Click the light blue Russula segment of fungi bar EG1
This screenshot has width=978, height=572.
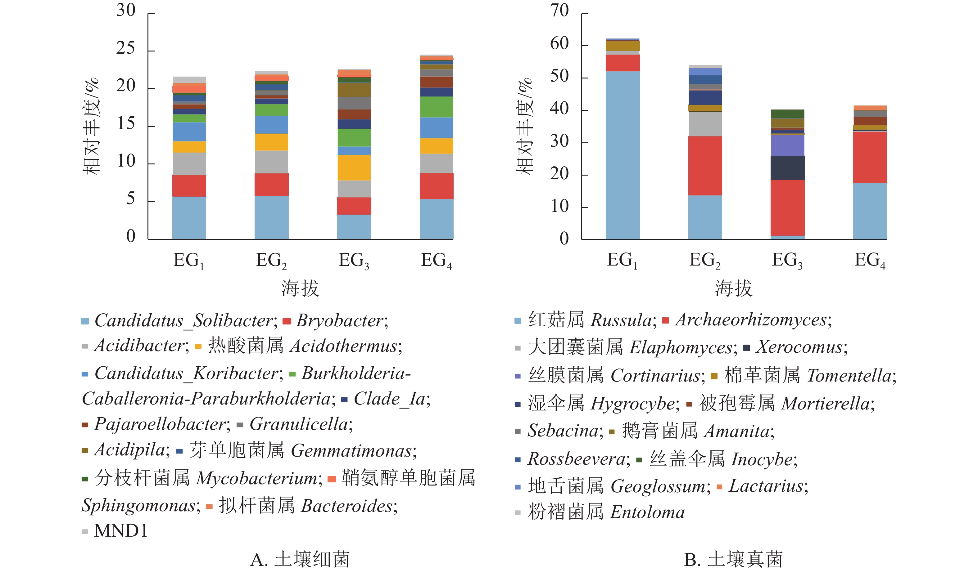tap(623, 155)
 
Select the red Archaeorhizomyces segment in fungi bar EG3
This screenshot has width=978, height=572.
tap(787, 208)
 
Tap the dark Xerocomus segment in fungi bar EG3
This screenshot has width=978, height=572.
tap(787, 168)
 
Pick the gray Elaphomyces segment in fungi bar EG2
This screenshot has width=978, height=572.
tap(705, 124)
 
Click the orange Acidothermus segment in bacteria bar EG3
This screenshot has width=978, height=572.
tap(354, 168)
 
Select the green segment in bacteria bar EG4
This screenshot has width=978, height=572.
tap(437, 107)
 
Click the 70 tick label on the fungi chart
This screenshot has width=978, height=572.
tap(559, 11)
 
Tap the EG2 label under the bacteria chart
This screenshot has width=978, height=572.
tap(271, 261)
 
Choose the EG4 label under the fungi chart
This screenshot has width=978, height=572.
tap(870, 261)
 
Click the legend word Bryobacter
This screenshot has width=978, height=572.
tap(339, 321)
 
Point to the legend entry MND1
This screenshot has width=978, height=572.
tap(121, 531)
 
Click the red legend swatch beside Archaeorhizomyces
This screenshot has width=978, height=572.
tap(665, 321)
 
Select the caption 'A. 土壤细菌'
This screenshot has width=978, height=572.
tap(300, 560)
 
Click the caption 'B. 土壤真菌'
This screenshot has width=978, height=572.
tap(733, 560)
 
